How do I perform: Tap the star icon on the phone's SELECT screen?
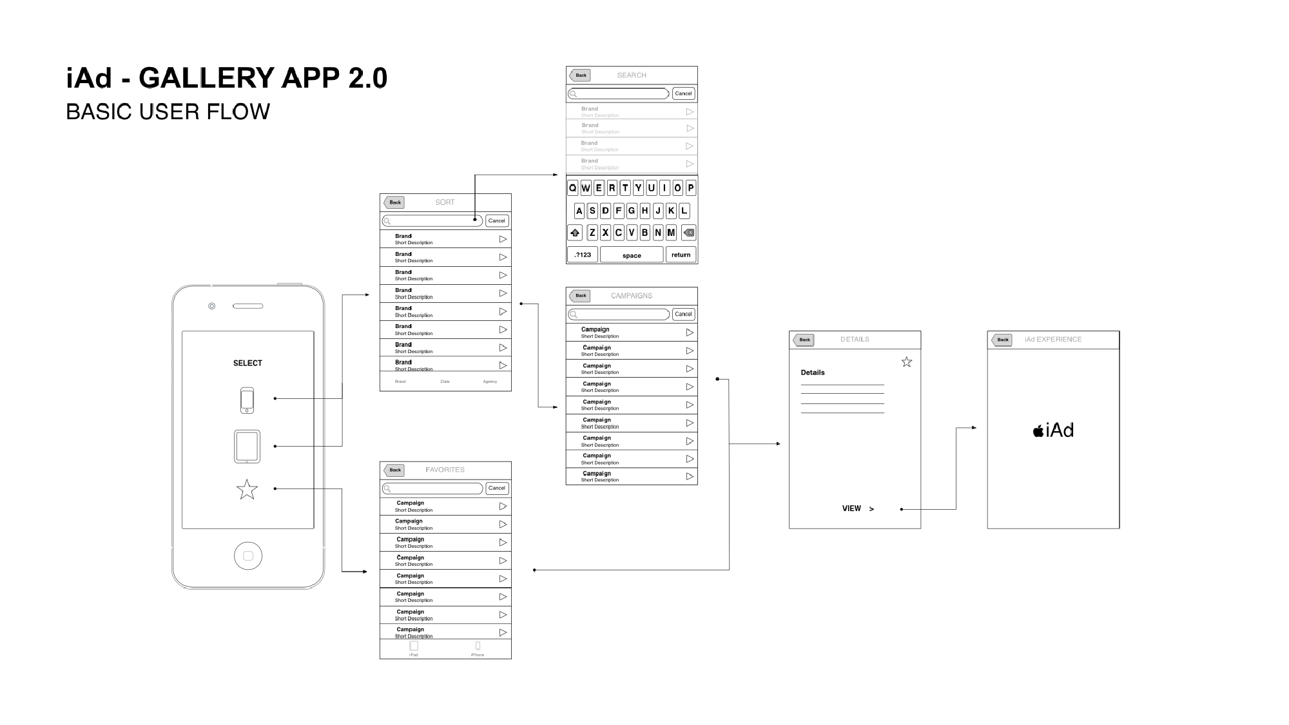pos(247,490)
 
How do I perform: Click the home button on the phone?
pos(248,556)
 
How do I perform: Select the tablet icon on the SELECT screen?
pos(247,446)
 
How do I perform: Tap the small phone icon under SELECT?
pos(247,400)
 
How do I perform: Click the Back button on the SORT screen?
pos(394,202)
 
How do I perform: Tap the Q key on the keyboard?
pos(572,188)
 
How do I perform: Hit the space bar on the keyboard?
pos(632,255)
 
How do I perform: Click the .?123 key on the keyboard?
pos(583,255)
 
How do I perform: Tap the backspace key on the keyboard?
pos(688,233)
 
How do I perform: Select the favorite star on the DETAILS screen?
pos(907,362)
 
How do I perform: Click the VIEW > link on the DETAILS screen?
pos(858,508)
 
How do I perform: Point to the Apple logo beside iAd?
pos(1038,431)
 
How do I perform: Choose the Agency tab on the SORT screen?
pos(490,382)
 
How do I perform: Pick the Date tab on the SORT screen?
pos(445,382)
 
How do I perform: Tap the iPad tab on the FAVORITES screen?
pos(414,648)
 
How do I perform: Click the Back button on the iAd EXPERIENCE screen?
pos(1002,340)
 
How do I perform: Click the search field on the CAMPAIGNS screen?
pos(619,314)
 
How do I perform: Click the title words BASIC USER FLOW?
pos(168,112)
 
